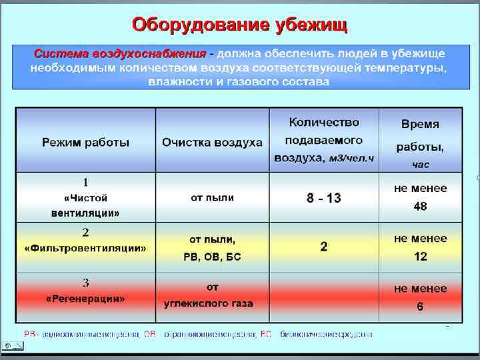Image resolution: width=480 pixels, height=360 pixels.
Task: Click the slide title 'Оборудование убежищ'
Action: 239,25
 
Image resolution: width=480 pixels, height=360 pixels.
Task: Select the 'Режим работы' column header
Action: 86,142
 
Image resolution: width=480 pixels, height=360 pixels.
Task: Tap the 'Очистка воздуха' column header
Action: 212,143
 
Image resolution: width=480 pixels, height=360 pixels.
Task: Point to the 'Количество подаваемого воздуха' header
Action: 324,141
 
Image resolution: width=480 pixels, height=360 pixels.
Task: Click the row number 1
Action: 85,182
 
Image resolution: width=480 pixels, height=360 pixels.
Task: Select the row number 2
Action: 85,233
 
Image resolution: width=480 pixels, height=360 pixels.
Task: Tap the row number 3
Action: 85,283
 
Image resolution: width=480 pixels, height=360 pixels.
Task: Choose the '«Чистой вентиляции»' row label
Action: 85,205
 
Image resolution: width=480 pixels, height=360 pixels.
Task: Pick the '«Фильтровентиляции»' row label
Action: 85,247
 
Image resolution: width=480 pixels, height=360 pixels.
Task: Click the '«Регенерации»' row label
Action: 85,299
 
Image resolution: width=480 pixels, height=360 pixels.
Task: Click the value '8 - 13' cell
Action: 323,198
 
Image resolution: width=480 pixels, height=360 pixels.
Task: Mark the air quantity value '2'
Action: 323,247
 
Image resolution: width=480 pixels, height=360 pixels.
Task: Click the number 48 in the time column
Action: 420,206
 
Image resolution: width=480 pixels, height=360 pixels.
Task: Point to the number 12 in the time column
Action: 420,256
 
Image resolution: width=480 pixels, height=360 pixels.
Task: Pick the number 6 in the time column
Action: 420,307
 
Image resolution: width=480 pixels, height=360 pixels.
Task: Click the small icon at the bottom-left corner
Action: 13,346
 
